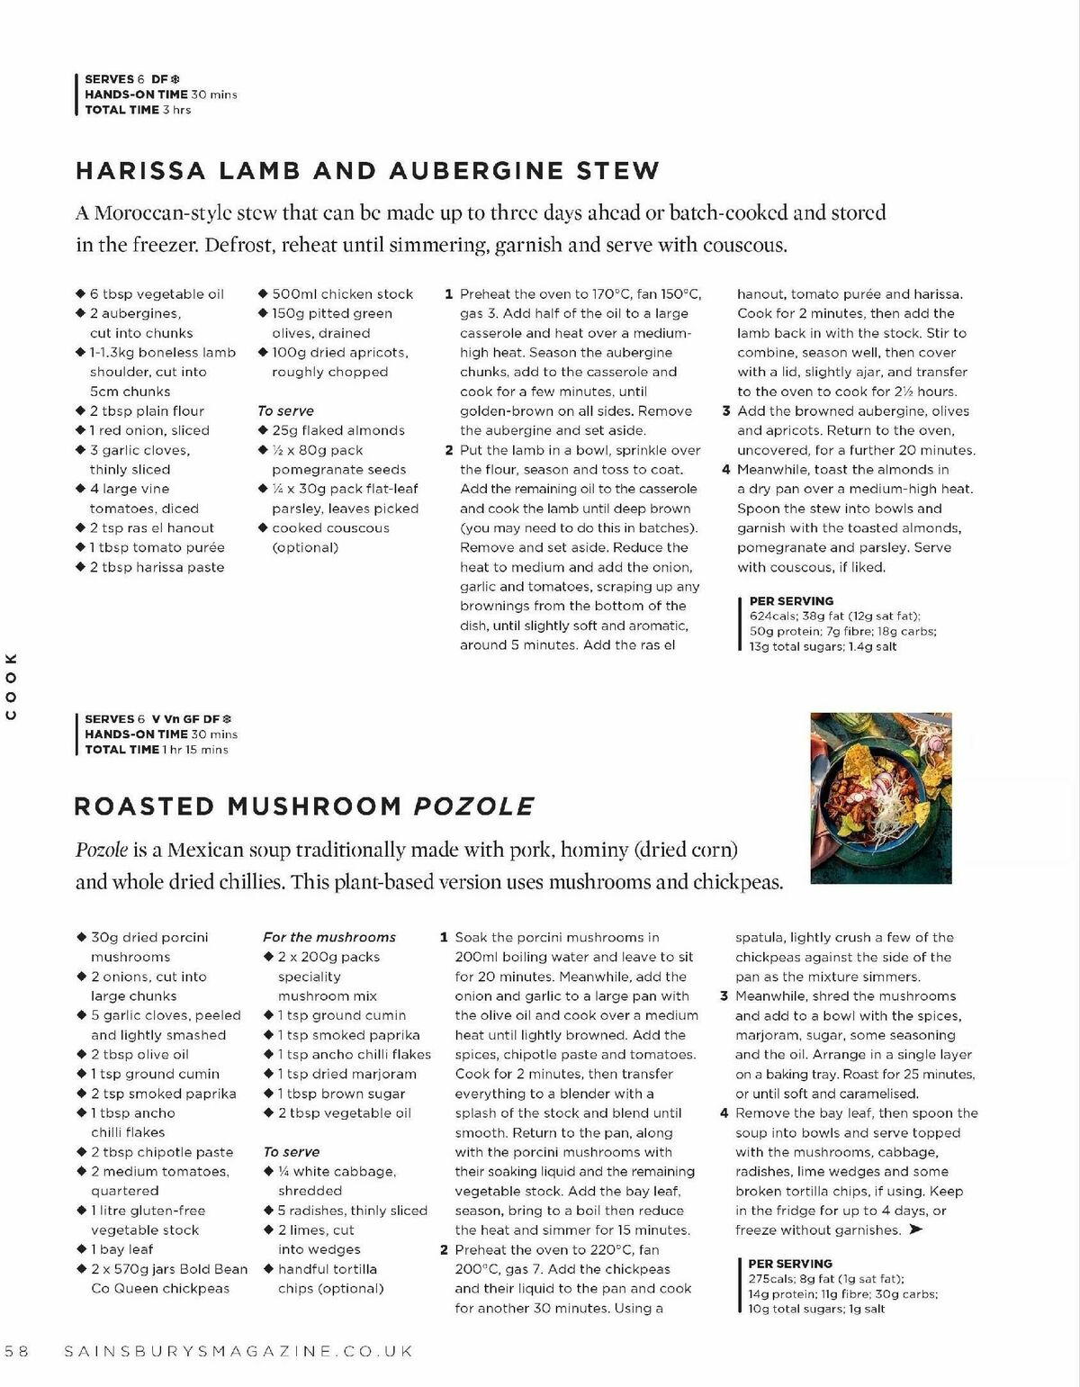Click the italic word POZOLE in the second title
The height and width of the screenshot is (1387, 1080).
[x=473, y=806]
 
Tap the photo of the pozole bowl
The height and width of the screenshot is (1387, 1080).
[x=881, y=797]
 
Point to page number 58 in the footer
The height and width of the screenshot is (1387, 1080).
[x=17, y=1351]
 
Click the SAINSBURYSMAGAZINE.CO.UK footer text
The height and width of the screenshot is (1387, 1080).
[x=239, y=1351]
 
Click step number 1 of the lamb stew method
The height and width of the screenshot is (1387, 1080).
[x=448, y=294]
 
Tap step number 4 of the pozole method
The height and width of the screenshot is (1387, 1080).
[x=724, y=1113]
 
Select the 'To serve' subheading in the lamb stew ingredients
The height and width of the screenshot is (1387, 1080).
[x=285, y=410]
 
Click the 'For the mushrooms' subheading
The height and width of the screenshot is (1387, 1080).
[x=329, y=937]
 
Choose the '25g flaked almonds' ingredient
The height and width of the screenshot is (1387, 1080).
[x=338, y=430]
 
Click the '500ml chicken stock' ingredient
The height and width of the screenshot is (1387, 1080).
[x=342, y=294]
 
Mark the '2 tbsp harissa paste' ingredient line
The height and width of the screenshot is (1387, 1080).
[x=157, y=567]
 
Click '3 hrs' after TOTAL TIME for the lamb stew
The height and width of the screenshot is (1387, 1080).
[x=177, y=110]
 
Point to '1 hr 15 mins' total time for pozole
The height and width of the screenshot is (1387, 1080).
[x=195, y=750]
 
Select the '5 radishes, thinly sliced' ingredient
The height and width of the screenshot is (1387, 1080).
[x=352, y=1211]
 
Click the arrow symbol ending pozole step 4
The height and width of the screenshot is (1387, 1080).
[x=916, y=1229]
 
